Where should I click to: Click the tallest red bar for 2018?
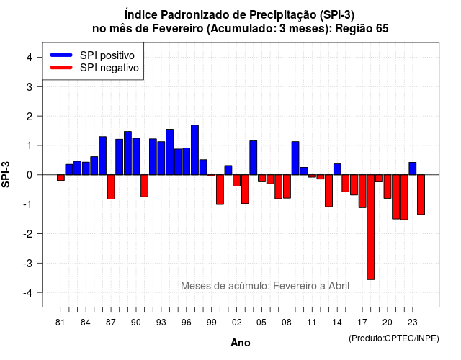[x=371, y=228]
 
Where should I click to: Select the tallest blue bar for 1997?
[x=194, y=150]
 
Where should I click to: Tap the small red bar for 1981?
[x=61, y=178]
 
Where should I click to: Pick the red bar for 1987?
[x=111, y=187]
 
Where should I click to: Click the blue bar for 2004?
[x=254, y=158]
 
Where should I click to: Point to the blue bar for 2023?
[x=413, y=168]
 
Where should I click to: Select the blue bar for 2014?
[x=337, y=169]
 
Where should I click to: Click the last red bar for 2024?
[x=421, y=194]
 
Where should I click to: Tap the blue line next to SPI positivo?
[x=61, y=55]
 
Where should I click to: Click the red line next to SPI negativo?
[x=61, y=68]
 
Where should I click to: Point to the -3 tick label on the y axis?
[x=28, y=263]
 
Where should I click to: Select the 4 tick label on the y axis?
[x=30, y=57]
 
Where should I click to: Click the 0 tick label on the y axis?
[x=30, y=175]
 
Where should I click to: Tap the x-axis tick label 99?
[x=211, y=323]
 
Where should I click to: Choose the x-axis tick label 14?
[x=337, y=323]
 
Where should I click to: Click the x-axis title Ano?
[x=241, y=343]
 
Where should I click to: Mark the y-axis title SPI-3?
[x=6, y=174]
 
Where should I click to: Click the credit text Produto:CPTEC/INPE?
[x=394, y=338]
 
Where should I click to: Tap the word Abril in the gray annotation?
[x=339, y=286]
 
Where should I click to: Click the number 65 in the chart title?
[x=382, y=29]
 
